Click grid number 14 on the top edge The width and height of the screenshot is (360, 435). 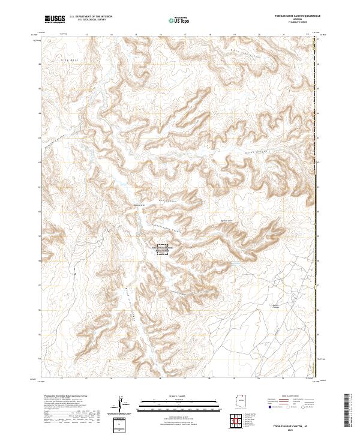[112, 34]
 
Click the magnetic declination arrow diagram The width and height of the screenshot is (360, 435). [119, 406]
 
